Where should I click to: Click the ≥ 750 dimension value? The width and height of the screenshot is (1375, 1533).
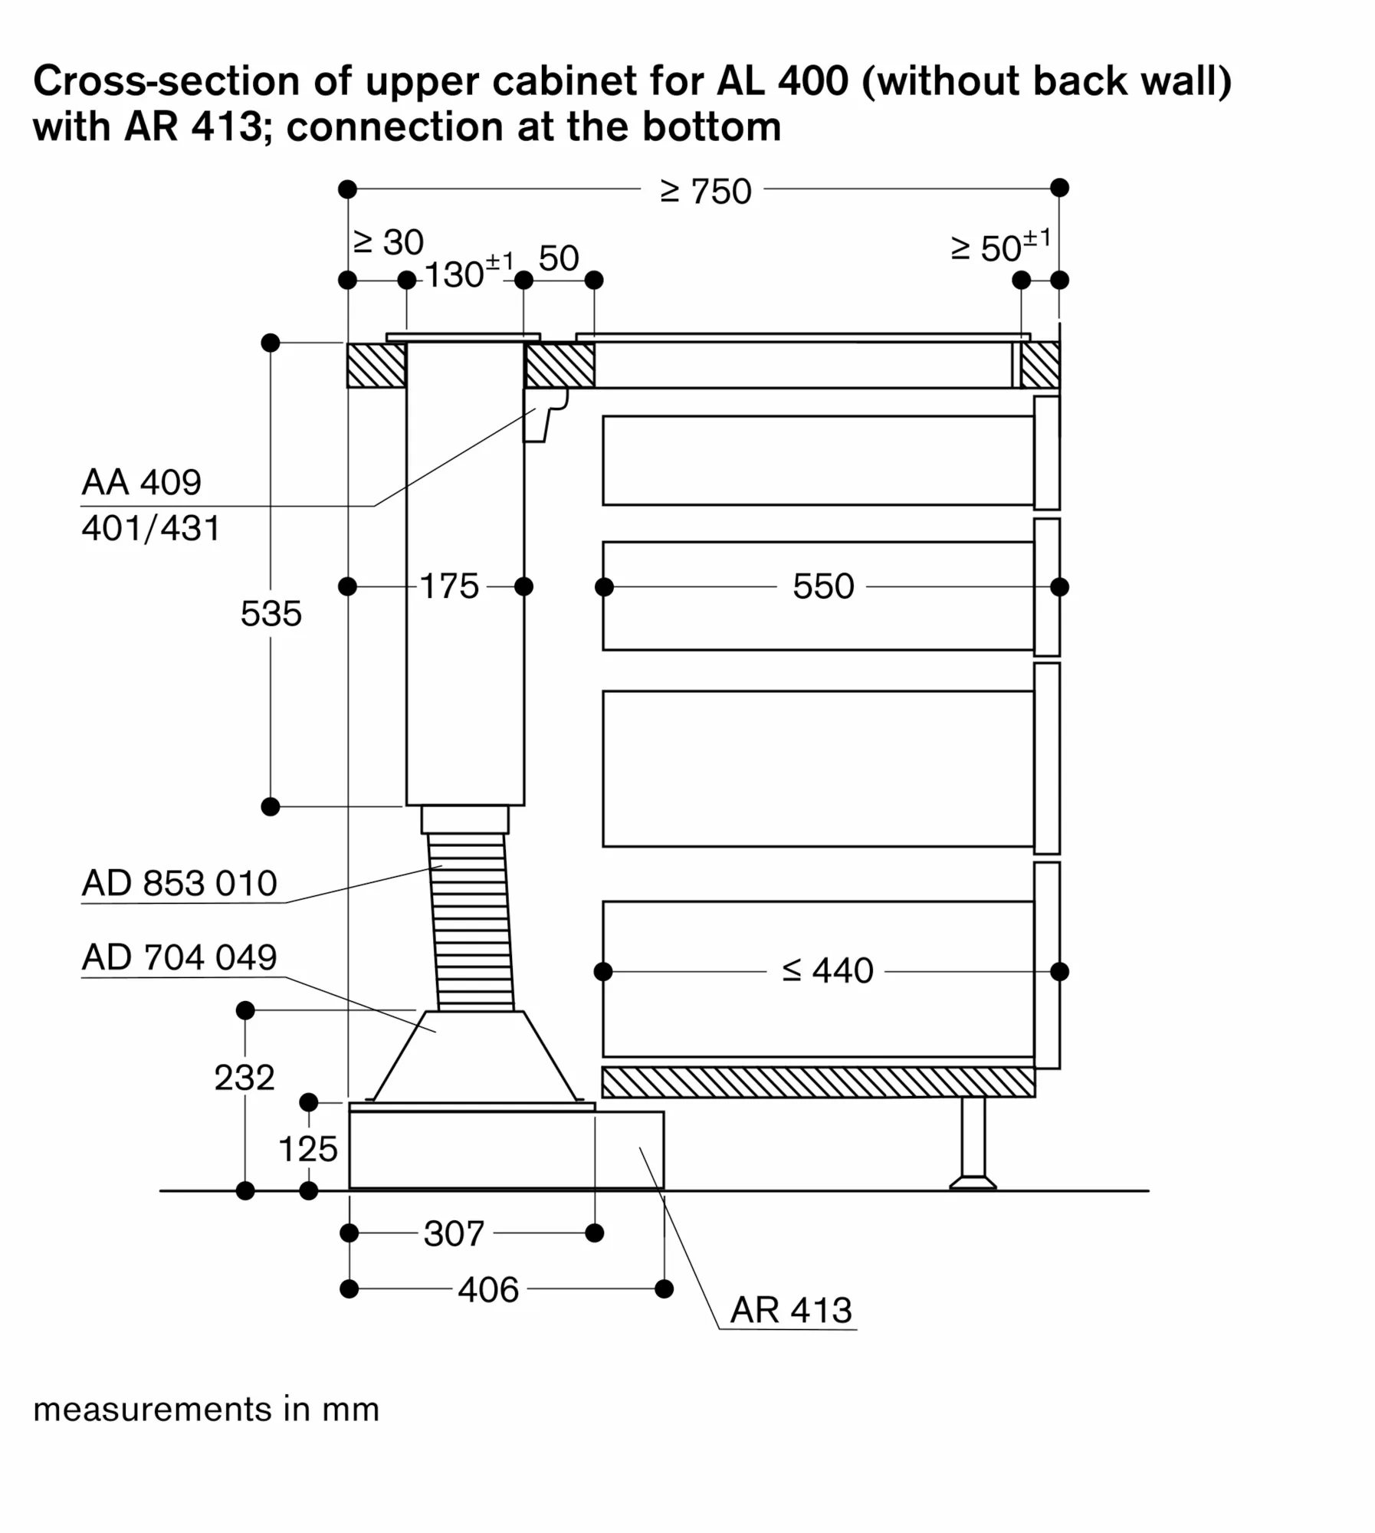[705, 192]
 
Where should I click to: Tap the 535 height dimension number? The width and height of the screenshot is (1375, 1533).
[271, 614]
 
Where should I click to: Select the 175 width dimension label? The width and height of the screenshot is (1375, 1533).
[449, 586]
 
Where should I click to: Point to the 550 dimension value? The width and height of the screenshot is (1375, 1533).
[822, 587]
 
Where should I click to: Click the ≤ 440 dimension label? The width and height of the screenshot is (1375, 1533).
[827, 971]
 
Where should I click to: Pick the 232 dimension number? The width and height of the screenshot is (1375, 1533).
[244, 1078]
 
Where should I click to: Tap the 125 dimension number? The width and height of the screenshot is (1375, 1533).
[307, 1149]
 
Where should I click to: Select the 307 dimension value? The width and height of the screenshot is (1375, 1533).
[454, 1233]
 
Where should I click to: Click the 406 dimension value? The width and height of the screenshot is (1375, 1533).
[488, 1289]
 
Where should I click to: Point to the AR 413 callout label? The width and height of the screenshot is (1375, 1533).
[790, 1310]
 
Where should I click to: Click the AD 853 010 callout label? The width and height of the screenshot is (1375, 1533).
[179, 884]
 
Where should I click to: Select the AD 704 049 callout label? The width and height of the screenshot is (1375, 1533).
[179, 957]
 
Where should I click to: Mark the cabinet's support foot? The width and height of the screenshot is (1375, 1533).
[973, 1143]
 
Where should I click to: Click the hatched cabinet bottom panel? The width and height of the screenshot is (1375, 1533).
[818, 1082]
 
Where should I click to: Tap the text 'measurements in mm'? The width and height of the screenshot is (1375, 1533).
[206, 1410]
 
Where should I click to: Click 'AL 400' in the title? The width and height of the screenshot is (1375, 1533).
[782, 81]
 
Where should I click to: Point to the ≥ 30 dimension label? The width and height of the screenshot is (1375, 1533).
[388, 243]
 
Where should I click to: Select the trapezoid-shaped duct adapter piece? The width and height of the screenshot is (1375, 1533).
[475, 1056]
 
